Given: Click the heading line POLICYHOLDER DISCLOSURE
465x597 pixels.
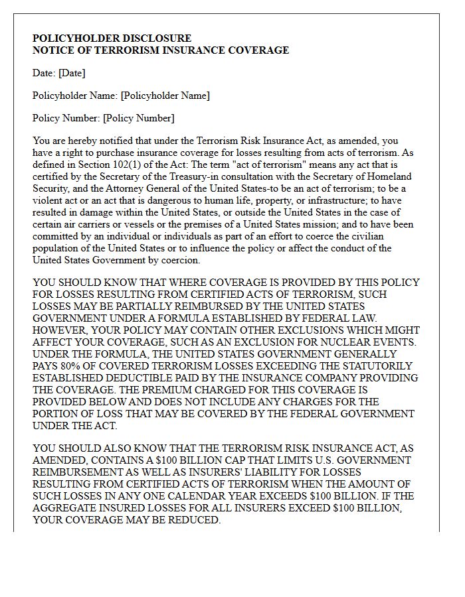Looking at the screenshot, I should pos(112,38).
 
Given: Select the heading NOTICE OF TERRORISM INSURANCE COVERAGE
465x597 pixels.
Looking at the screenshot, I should pos(161,50).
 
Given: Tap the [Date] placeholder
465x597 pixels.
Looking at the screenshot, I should pos(72,73).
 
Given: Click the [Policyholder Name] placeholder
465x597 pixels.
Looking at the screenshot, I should pos(165,96).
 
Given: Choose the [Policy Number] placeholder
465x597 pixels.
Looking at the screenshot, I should pos(138,118).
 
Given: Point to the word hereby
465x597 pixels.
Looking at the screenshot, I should pos(82,141).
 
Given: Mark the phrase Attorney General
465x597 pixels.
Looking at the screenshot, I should pos(147,188).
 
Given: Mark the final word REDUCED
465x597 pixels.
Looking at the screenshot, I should pos(195,520).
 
